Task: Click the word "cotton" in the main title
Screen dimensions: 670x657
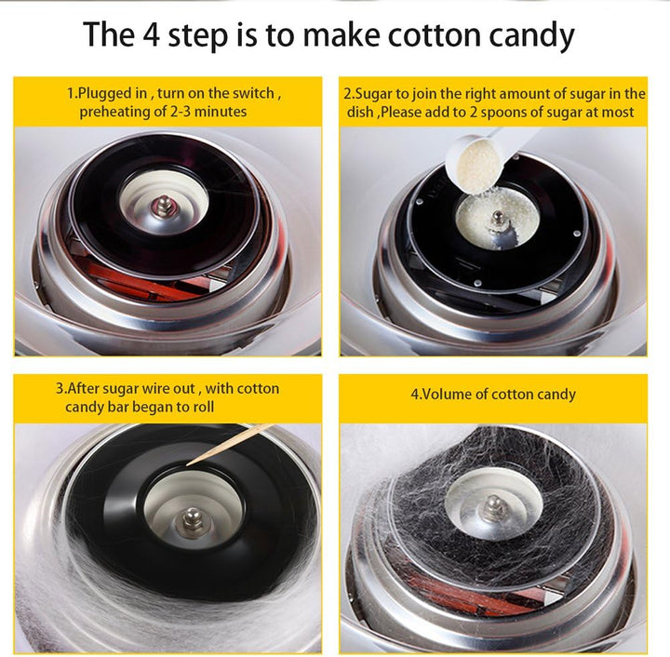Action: pos(435,34)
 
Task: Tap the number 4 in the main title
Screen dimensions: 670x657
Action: pos(152,34)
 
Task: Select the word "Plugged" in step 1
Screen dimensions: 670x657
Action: pos(112,94)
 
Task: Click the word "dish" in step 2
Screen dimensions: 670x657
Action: pos(360,112)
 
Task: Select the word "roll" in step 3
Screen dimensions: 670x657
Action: pos(204,407)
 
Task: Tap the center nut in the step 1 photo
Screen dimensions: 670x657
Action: pos(164,204)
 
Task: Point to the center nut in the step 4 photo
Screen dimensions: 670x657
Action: pos(495,505)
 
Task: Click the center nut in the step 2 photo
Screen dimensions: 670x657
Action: pos(497,218)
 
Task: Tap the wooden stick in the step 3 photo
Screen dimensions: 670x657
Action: pos(229,444)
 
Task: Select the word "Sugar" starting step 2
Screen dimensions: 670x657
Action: pos(370,94)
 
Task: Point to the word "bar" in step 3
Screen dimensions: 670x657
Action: pos(118,407)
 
